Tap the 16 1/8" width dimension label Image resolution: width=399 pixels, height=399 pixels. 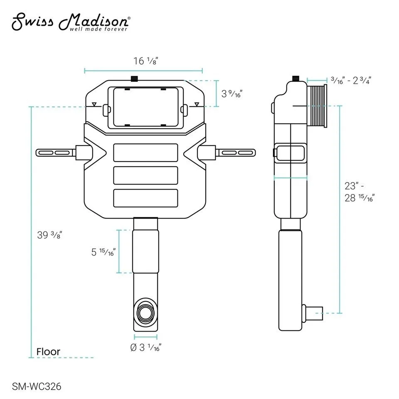[145, 61]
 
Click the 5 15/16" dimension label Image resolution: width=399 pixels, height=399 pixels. [103, 251]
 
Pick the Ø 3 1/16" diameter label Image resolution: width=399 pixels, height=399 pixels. [145, 347]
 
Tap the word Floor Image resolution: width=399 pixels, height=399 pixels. [48, 352]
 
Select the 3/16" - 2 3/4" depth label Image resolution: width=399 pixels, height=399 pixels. [350, 81]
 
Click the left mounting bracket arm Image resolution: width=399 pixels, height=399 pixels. [57, 153]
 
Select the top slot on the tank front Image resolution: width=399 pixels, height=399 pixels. [145, 153]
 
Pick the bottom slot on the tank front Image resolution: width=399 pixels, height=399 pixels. [145, 197]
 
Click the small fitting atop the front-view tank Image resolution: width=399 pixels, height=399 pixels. [134, 78]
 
